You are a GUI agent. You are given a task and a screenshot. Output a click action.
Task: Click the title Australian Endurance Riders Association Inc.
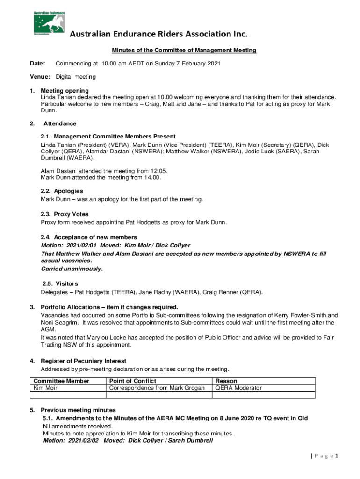click(158, 35)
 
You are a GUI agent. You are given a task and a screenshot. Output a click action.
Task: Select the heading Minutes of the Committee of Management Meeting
click(183, 50)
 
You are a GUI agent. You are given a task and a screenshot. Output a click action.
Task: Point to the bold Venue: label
click(40, 76)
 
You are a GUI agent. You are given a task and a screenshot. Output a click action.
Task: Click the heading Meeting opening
click(65, 90)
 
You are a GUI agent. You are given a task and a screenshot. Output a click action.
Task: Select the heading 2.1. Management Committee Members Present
click(108, 137)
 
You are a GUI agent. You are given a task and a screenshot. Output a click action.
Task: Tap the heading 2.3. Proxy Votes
click(65, 214)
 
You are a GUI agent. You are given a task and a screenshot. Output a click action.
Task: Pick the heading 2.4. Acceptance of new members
click(89, 237)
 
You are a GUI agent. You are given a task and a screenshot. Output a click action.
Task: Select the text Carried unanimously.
click(72, 269)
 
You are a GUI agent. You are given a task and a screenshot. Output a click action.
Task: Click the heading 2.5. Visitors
click(60, 284)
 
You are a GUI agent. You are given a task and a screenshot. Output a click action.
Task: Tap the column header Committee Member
click(61, 381)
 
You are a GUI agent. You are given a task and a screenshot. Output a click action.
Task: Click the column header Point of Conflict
click(132, 381)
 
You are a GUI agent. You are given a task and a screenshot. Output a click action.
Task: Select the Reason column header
click(226, 381)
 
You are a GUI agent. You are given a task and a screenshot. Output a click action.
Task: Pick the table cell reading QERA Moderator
click(238, 388)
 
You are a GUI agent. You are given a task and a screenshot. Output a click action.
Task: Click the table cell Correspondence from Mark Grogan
click(157, 388)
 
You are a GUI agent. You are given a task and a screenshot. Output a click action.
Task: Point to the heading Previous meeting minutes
click(78, 410)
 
